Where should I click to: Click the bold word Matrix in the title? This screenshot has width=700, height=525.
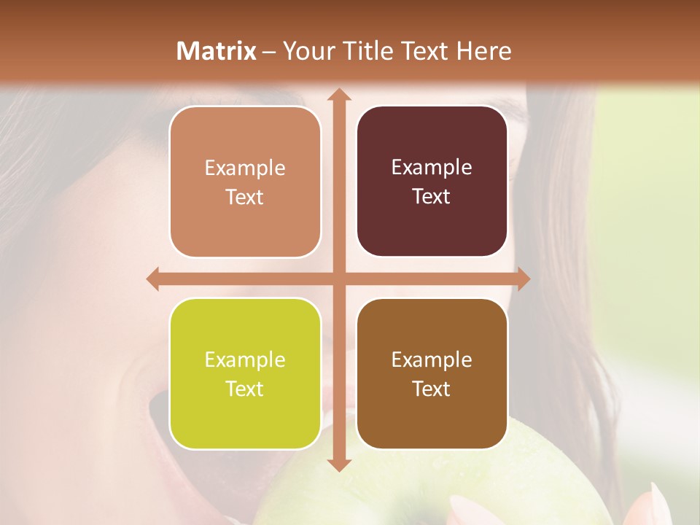click(217, 51)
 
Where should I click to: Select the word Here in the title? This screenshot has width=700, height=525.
click(483, 51)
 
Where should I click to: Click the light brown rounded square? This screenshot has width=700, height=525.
click(245, 182)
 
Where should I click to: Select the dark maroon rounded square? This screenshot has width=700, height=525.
click(432, 182)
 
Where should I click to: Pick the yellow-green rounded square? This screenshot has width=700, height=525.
click(245, 373)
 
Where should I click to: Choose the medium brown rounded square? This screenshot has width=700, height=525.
click(432, 373)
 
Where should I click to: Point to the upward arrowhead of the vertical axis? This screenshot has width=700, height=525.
click(338, 93)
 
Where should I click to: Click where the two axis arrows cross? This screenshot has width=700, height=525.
click(338, 279)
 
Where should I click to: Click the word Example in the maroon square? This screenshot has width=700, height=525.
click(432, 168)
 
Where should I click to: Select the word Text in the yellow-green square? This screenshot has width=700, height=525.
click(245, 389)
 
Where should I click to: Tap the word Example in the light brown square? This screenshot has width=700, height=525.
click(245, 168)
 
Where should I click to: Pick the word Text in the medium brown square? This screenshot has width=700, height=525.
click(432, 389)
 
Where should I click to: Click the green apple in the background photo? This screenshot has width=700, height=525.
click(437, 489)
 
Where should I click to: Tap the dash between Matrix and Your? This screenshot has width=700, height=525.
click(269, 52)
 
